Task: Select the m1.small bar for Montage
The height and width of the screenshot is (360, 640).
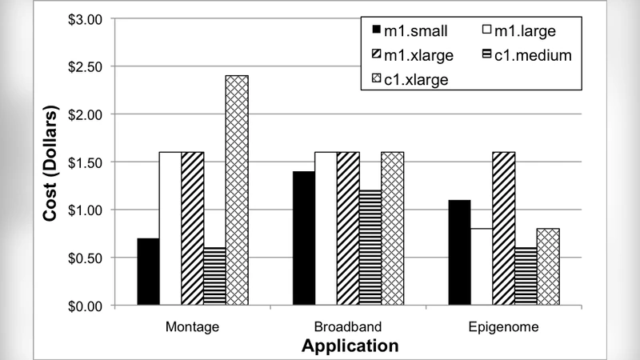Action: [148, 272]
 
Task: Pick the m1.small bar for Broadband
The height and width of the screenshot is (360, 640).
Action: [303, 238]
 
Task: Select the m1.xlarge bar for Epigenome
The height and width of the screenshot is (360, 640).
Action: [502, 229]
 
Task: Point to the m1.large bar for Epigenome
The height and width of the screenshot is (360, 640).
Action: [480, 267]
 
